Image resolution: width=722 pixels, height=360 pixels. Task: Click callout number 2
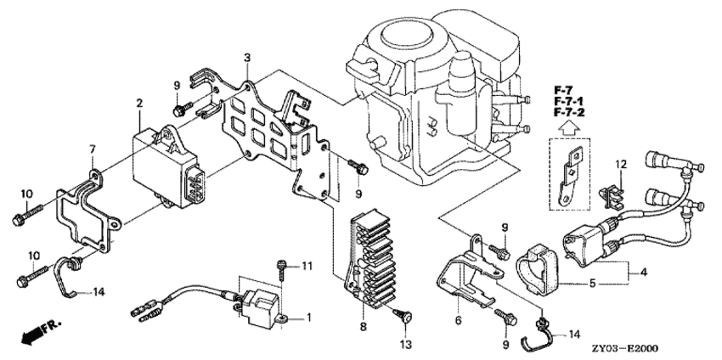(138, 103)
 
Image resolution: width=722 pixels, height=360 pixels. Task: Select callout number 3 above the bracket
(246, 58)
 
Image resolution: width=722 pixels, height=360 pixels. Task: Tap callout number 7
(91, 150)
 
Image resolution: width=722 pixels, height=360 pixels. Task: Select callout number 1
(309, 318)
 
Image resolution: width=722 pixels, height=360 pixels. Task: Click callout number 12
(621, 163)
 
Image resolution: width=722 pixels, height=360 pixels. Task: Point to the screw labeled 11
(280, 267)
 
